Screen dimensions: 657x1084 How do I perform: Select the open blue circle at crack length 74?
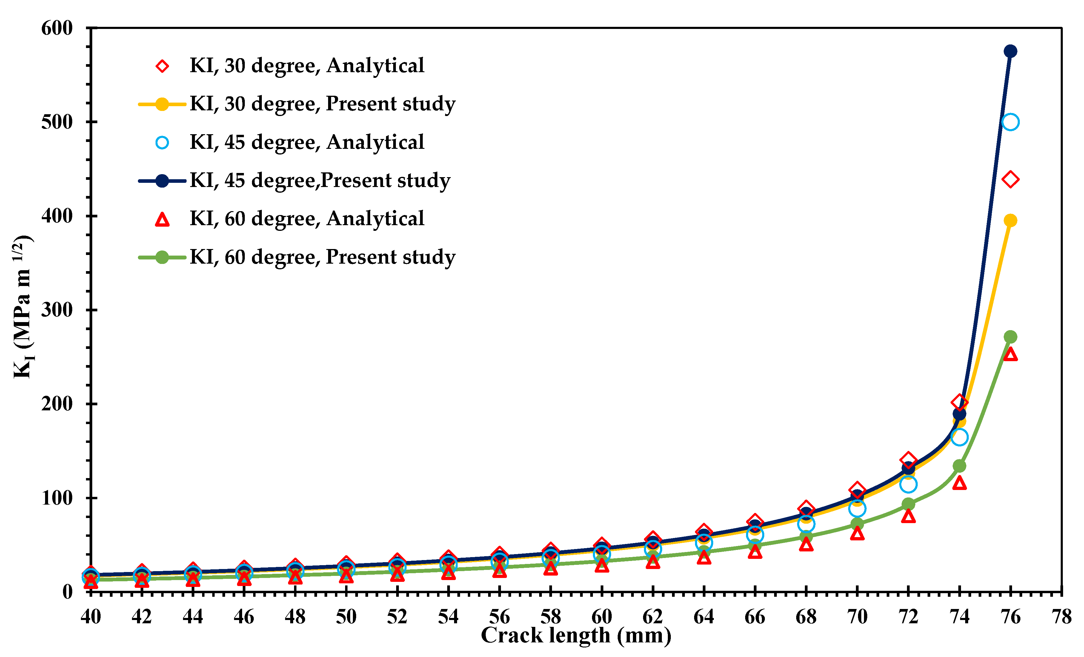(959, 437)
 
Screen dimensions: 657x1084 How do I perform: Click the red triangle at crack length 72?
(908, 516)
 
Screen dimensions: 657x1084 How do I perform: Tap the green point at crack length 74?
(959, 466)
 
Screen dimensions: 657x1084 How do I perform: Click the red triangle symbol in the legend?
(162, 219)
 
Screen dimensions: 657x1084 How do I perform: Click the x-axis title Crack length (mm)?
(576, 636)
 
